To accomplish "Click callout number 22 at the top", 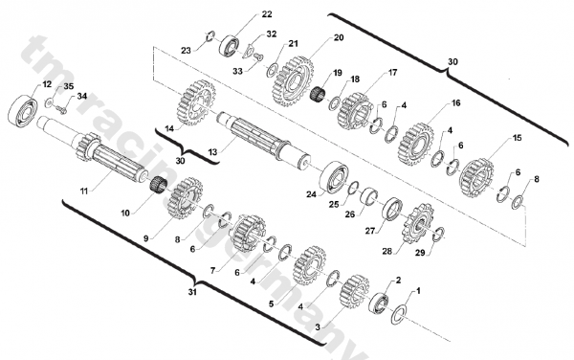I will click(240, 15).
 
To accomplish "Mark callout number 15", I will click(517, 138).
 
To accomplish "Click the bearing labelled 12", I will click(22, 107).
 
